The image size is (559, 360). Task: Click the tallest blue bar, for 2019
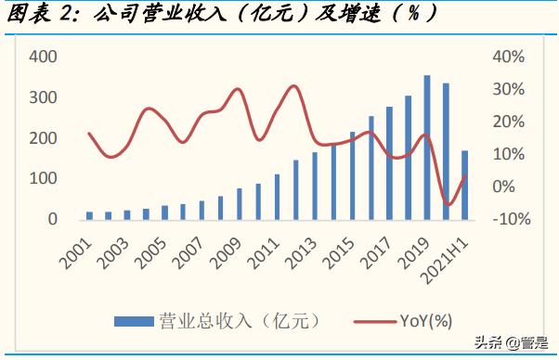coord(427,148)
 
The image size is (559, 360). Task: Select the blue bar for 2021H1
coord(464,186)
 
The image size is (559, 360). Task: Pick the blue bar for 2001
coord(90,215)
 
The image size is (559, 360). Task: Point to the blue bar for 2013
coord(315,186)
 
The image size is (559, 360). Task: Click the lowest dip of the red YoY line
coord(449,204)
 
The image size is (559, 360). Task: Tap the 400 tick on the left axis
coord(44,57)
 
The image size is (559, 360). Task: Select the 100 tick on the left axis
coord(44,179)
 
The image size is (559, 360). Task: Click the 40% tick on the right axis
coord(508,57)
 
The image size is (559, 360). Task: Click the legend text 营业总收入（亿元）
coord(232,321)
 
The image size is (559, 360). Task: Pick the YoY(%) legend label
coord(425,321)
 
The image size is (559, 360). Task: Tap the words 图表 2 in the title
coord(43,16)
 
